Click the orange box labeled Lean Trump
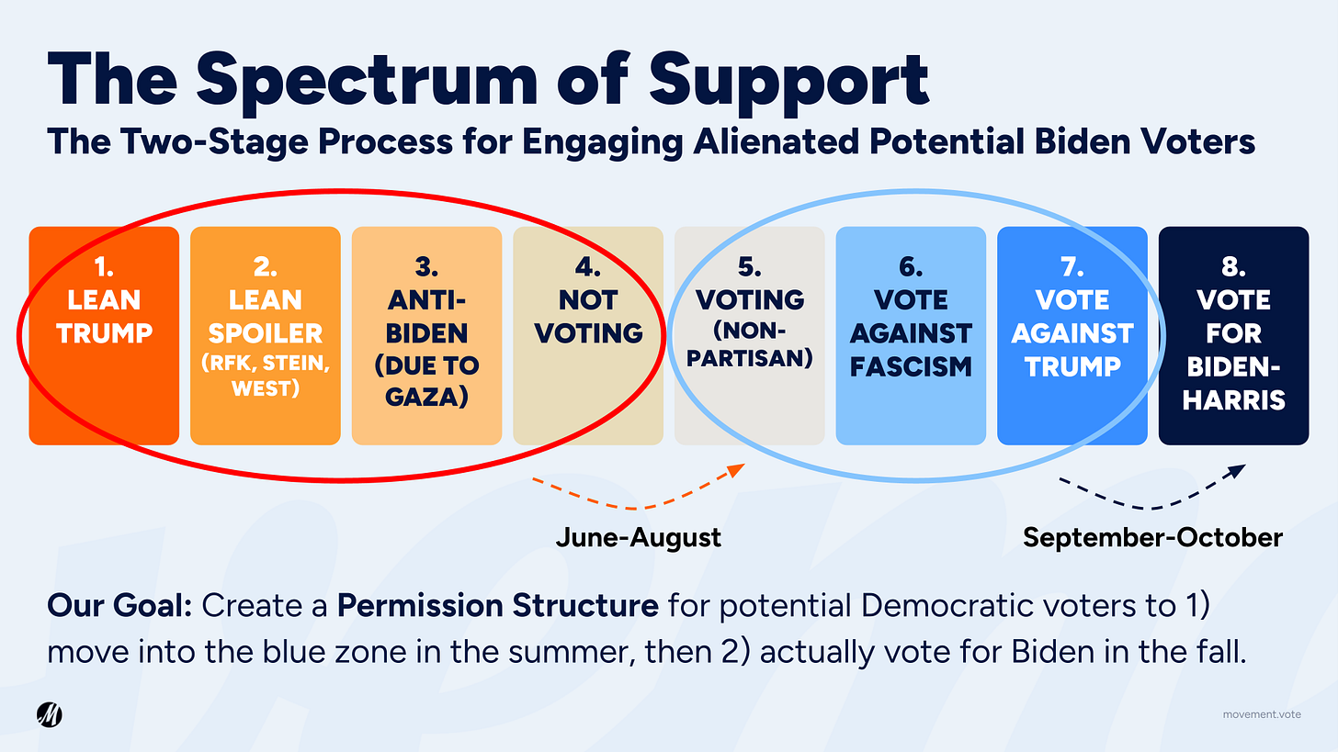(104, 335)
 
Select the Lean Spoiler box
(265, 335)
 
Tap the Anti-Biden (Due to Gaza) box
(426, 335)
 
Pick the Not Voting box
(588, 335)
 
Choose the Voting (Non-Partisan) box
(749, 335)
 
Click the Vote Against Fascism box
(911, 335)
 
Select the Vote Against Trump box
(1072, 335)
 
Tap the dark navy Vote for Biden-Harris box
(1233, 335)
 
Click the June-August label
(638, 537)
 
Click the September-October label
(1152, 537)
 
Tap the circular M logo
(49, 714)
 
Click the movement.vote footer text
(1262, 714)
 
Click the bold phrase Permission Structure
(497, 606)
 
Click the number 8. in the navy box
(1233, 267)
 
